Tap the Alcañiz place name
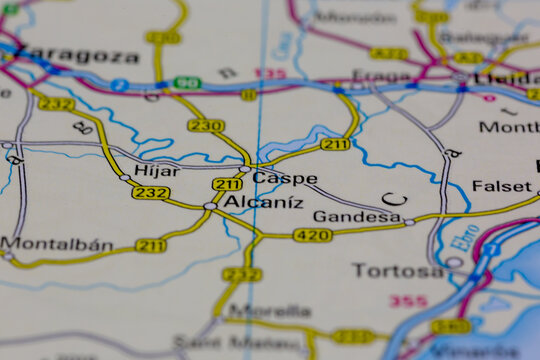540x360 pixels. [262, 202]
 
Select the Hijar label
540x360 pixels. [157, 171]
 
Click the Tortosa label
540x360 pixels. [396, 270]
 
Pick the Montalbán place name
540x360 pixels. [56, 243]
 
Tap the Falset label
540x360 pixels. [501, 186]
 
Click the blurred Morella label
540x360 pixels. [270, 310]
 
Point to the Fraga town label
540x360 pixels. [382, 76]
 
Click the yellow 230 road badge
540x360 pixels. [206, 125]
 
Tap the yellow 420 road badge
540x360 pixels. [312, 235]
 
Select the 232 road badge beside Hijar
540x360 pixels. [150, 192]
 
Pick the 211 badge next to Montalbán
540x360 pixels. [151, 245]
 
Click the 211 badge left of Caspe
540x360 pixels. [227, 184]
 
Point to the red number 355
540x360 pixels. [408, 300]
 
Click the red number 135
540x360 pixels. [270, 73]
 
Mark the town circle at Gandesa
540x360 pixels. [409, 222]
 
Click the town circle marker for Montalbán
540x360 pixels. [8, 256]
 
